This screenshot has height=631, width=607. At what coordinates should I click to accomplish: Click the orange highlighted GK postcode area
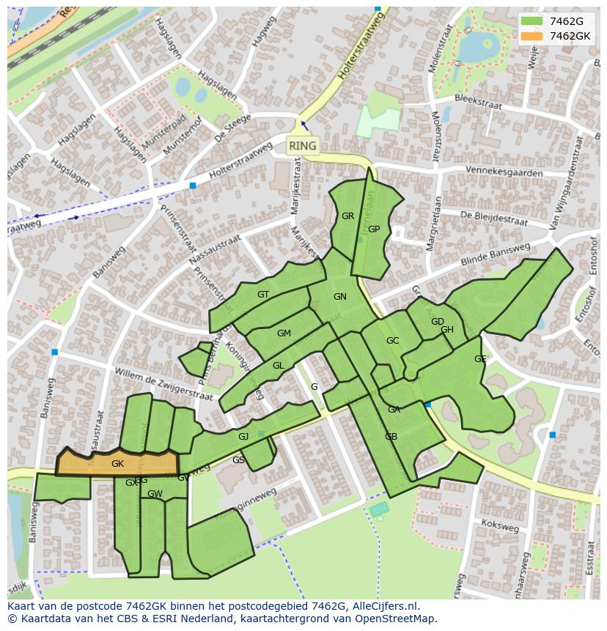117,464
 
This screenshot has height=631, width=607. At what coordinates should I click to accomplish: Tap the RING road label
303,146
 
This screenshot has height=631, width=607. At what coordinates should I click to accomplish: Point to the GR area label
347,216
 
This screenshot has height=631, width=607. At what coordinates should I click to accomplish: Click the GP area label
374,229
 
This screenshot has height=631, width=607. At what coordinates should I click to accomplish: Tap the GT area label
263,295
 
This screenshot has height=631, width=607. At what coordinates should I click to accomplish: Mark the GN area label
339,297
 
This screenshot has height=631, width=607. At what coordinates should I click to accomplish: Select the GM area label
284,333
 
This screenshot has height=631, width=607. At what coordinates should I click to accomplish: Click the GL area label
278,366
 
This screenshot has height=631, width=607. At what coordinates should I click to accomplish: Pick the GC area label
392,341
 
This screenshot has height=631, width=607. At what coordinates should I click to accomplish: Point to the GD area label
437,322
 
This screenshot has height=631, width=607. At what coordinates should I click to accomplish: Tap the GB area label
391,437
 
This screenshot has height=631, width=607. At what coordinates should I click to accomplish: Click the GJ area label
243,437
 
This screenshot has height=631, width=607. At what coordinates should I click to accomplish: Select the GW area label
155,494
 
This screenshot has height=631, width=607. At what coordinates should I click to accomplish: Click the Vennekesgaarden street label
504,172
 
